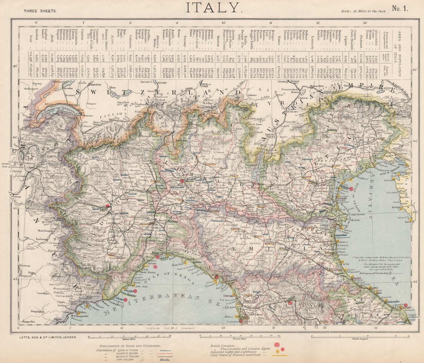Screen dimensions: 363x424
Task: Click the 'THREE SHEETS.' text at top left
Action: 40,11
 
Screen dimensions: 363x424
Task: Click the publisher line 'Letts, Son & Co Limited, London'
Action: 48,337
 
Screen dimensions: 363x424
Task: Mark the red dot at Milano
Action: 182,181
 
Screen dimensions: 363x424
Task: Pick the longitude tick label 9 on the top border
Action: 177,23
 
